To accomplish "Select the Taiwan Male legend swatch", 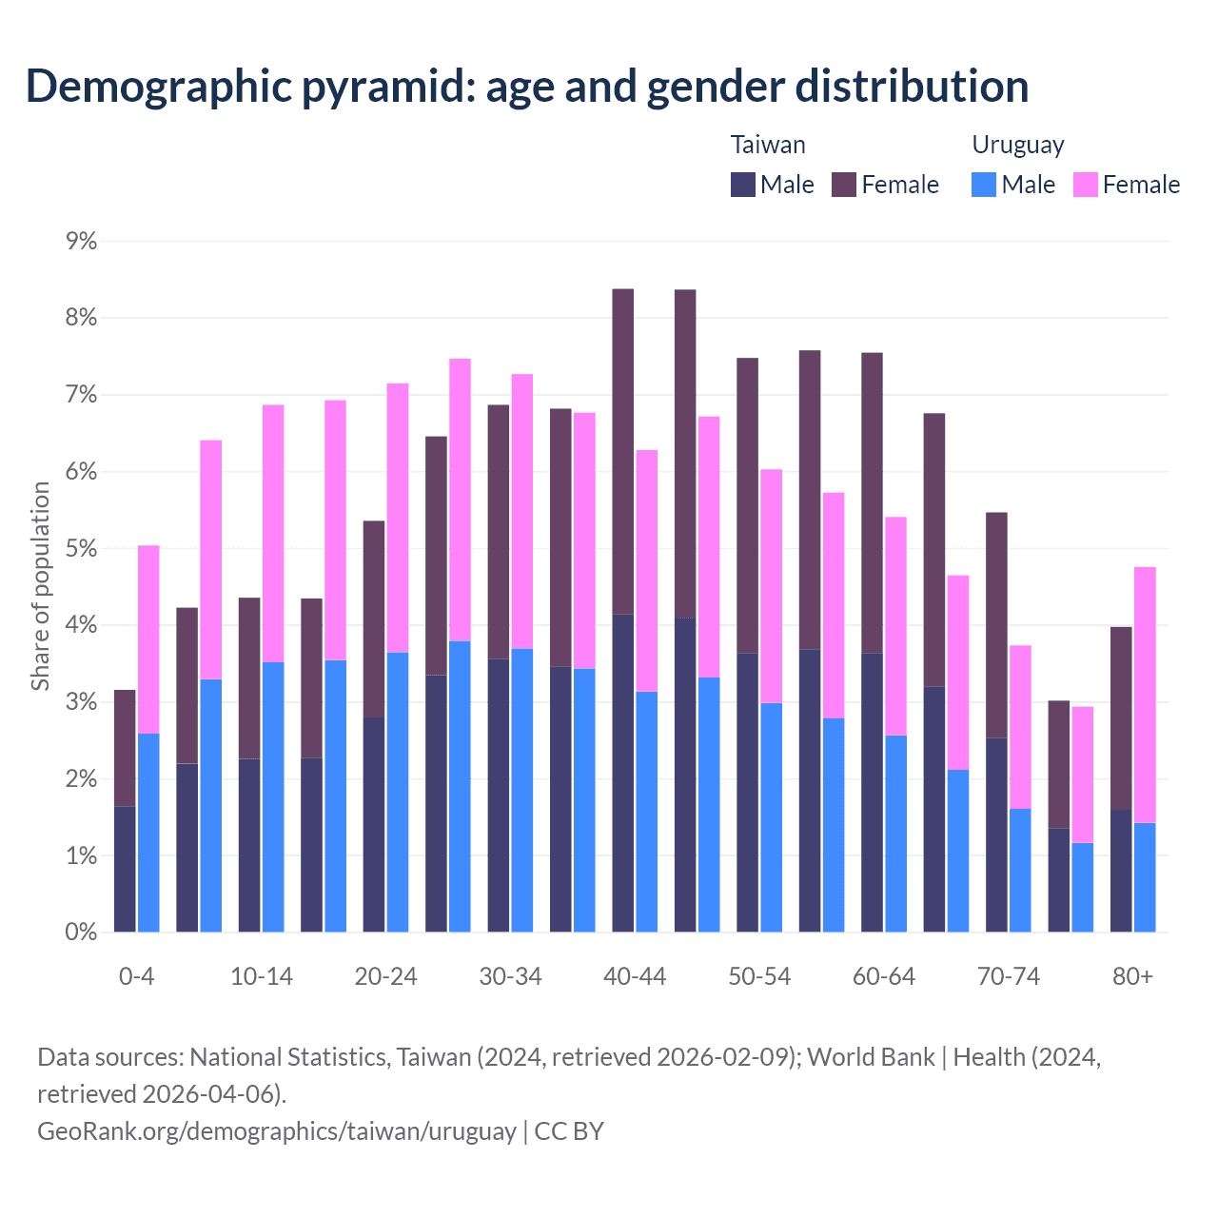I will pyautogui.click(x=743, y=185).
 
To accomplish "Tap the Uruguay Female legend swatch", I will pyautogui.click(x=1086, y=185).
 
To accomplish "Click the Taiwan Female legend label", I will pyautogui.click(x=900, y=185).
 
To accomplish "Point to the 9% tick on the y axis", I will pyautogui.click(x=81, y=242).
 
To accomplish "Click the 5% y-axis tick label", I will pyautogui.click(x=81, y=549).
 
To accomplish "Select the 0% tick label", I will pyautogui.click(x=81, y=933).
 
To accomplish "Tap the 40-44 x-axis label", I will pyautogui.click(x=635, y=976).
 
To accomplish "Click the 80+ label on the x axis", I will pyautogui.click(x=1132, y=976).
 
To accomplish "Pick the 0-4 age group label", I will pyautogui.click(x=137, y=976).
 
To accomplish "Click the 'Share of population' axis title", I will pyautogui.click(x=40, y=586).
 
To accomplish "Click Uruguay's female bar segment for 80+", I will pyautogui.click(x=1145, y=695).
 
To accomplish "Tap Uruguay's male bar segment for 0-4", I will pyautogui.click(x=148, y=833).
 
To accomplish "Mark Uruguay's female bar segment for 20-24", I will pyautogui.click(x=398, y=518).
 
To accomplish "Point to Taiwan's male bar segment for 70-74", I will pyautogui.click(x=996, y=835).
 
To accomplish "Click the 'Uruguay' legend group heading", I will pyautogui.click(x=1017, y=145).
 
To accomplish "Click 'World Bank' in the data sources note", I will pyautogui.click(x=871, y=1057).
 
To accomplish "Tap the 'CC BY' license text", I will pyautogui.click(x=569, y=1130).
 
